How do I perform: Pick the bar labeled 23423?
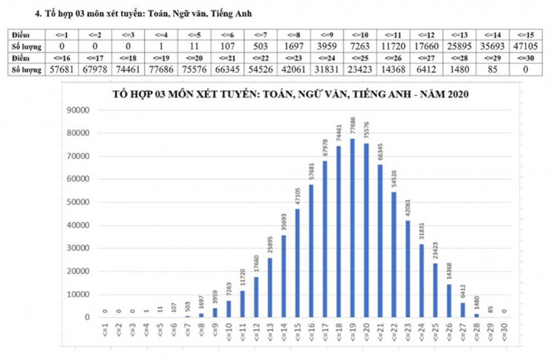(435, 290)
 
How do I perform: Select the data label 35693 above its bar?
(283, 222)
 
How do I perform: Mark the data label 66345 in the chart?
(380, 152)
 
